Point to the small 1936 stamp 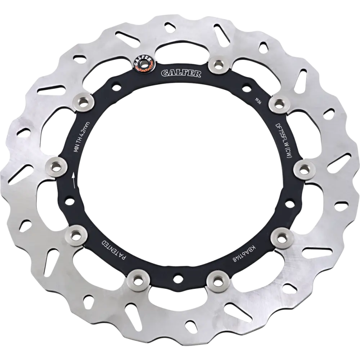click(258, 101)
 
